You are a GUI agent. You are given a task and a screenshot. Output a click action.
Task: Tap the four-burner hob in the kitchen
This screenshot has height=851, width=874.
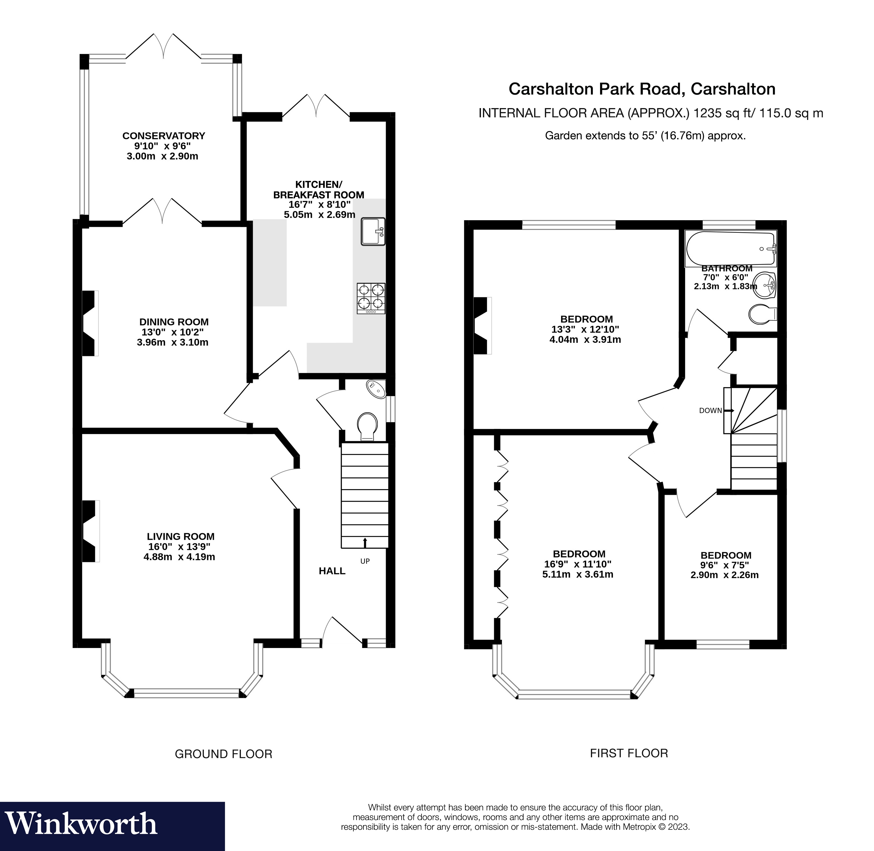(x=371, y=298)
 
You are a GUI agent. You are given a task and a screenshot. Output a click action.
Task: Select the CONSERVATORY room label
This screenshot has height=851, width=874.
(x=163, y=136)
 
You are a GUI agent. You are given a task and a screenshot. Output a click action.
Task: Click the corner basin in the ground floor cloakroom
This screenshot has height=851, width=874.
(x=376, y=389)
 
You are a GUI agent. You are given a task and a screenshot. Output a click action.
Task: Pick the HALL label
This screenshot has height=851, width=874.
(x=332, y=571)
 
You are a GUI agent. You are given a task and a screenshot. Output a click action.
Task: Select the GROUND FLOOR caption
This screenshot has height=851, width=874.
(x=223, y=754)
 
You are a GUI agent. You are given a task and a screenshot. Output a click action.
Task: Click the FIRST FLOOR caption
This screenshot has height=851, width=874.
(x=629, y=753)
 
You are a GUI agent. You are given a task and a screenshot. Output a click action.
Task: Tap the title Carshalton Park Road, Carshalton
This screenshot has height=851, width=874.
(x=642, y=89)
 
